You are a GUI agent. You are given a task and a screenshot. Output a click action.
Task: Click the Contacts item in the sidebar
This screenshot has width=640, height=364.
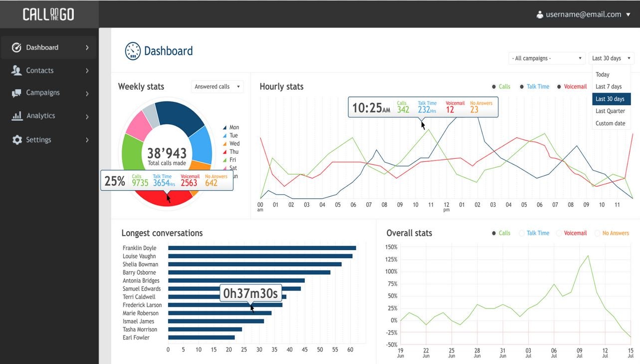click(x=40, y=70)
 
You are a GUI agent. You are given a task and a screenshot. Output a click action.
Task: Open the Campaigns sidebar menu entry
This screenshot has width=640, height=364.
click(x=42, y=93)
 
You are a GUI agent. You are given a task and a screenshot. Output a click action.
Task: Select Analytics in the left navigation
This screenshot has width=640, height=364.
click(x=40, y=116)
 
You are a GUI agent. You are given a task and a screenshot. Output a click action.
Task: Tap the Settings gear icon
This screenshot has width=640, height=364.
click(x=17, y=140)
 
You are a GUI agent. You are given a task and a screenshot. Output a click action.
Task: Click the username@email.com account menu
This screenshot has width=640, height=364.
click(x=583, y=14)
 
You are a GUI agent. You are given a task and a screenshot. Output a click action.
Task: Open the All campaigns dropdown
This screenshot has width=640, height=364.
click(x=547, y=58)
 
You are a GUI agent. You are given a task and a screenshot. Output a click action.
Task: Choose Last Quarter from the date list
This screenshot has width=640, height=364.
click(x=610, y=111)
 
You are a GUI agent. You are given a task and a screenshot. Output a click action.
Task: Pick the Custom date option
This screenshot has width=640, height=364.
click(x=610, y=123)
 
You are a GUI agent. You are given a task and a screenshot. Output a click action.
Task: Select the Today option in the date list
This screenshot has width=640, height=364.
click(x=603, y=74)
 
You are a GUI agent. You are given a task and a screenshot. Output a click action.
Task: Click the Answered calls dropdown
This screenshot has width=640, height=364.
click(x=217, y=87)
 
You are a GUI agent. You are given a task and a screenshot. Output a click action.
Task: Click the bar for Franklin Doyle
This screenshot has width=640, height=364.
click(x=262, y=248)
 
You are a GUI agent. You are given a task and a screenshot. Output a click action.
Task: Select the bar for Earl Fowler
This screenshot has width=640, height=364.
click(x=201, y=338)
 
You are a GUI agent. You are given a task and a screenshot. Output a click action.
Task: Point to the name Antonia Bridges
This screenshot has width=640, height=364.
click(x=141, y=281)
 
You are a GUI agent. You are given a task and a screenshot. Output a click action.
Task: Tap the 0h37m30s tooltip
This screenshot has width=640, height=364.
click(x=250, y=293)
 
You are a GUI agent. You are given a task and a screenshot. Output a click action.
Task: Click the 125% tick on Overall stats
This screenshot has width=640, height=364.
click(x=391, y=260)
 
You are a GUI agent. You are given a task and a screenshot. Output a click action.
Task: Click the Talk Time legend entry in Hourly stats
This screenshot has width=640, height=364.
click(x=538, y=87)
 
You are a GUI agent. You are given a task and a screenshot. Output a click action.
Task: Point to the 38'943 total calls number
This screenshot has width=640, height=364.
click(x=167, y=153)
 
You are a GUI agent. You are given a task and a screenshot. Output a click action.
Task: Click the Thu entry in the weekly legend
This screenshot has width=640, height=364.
click(x=233, y=152)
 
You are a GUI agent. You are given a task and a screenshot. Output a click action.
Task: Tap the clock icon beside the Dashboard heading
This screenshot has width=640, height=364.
click(x=133, y=51)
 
